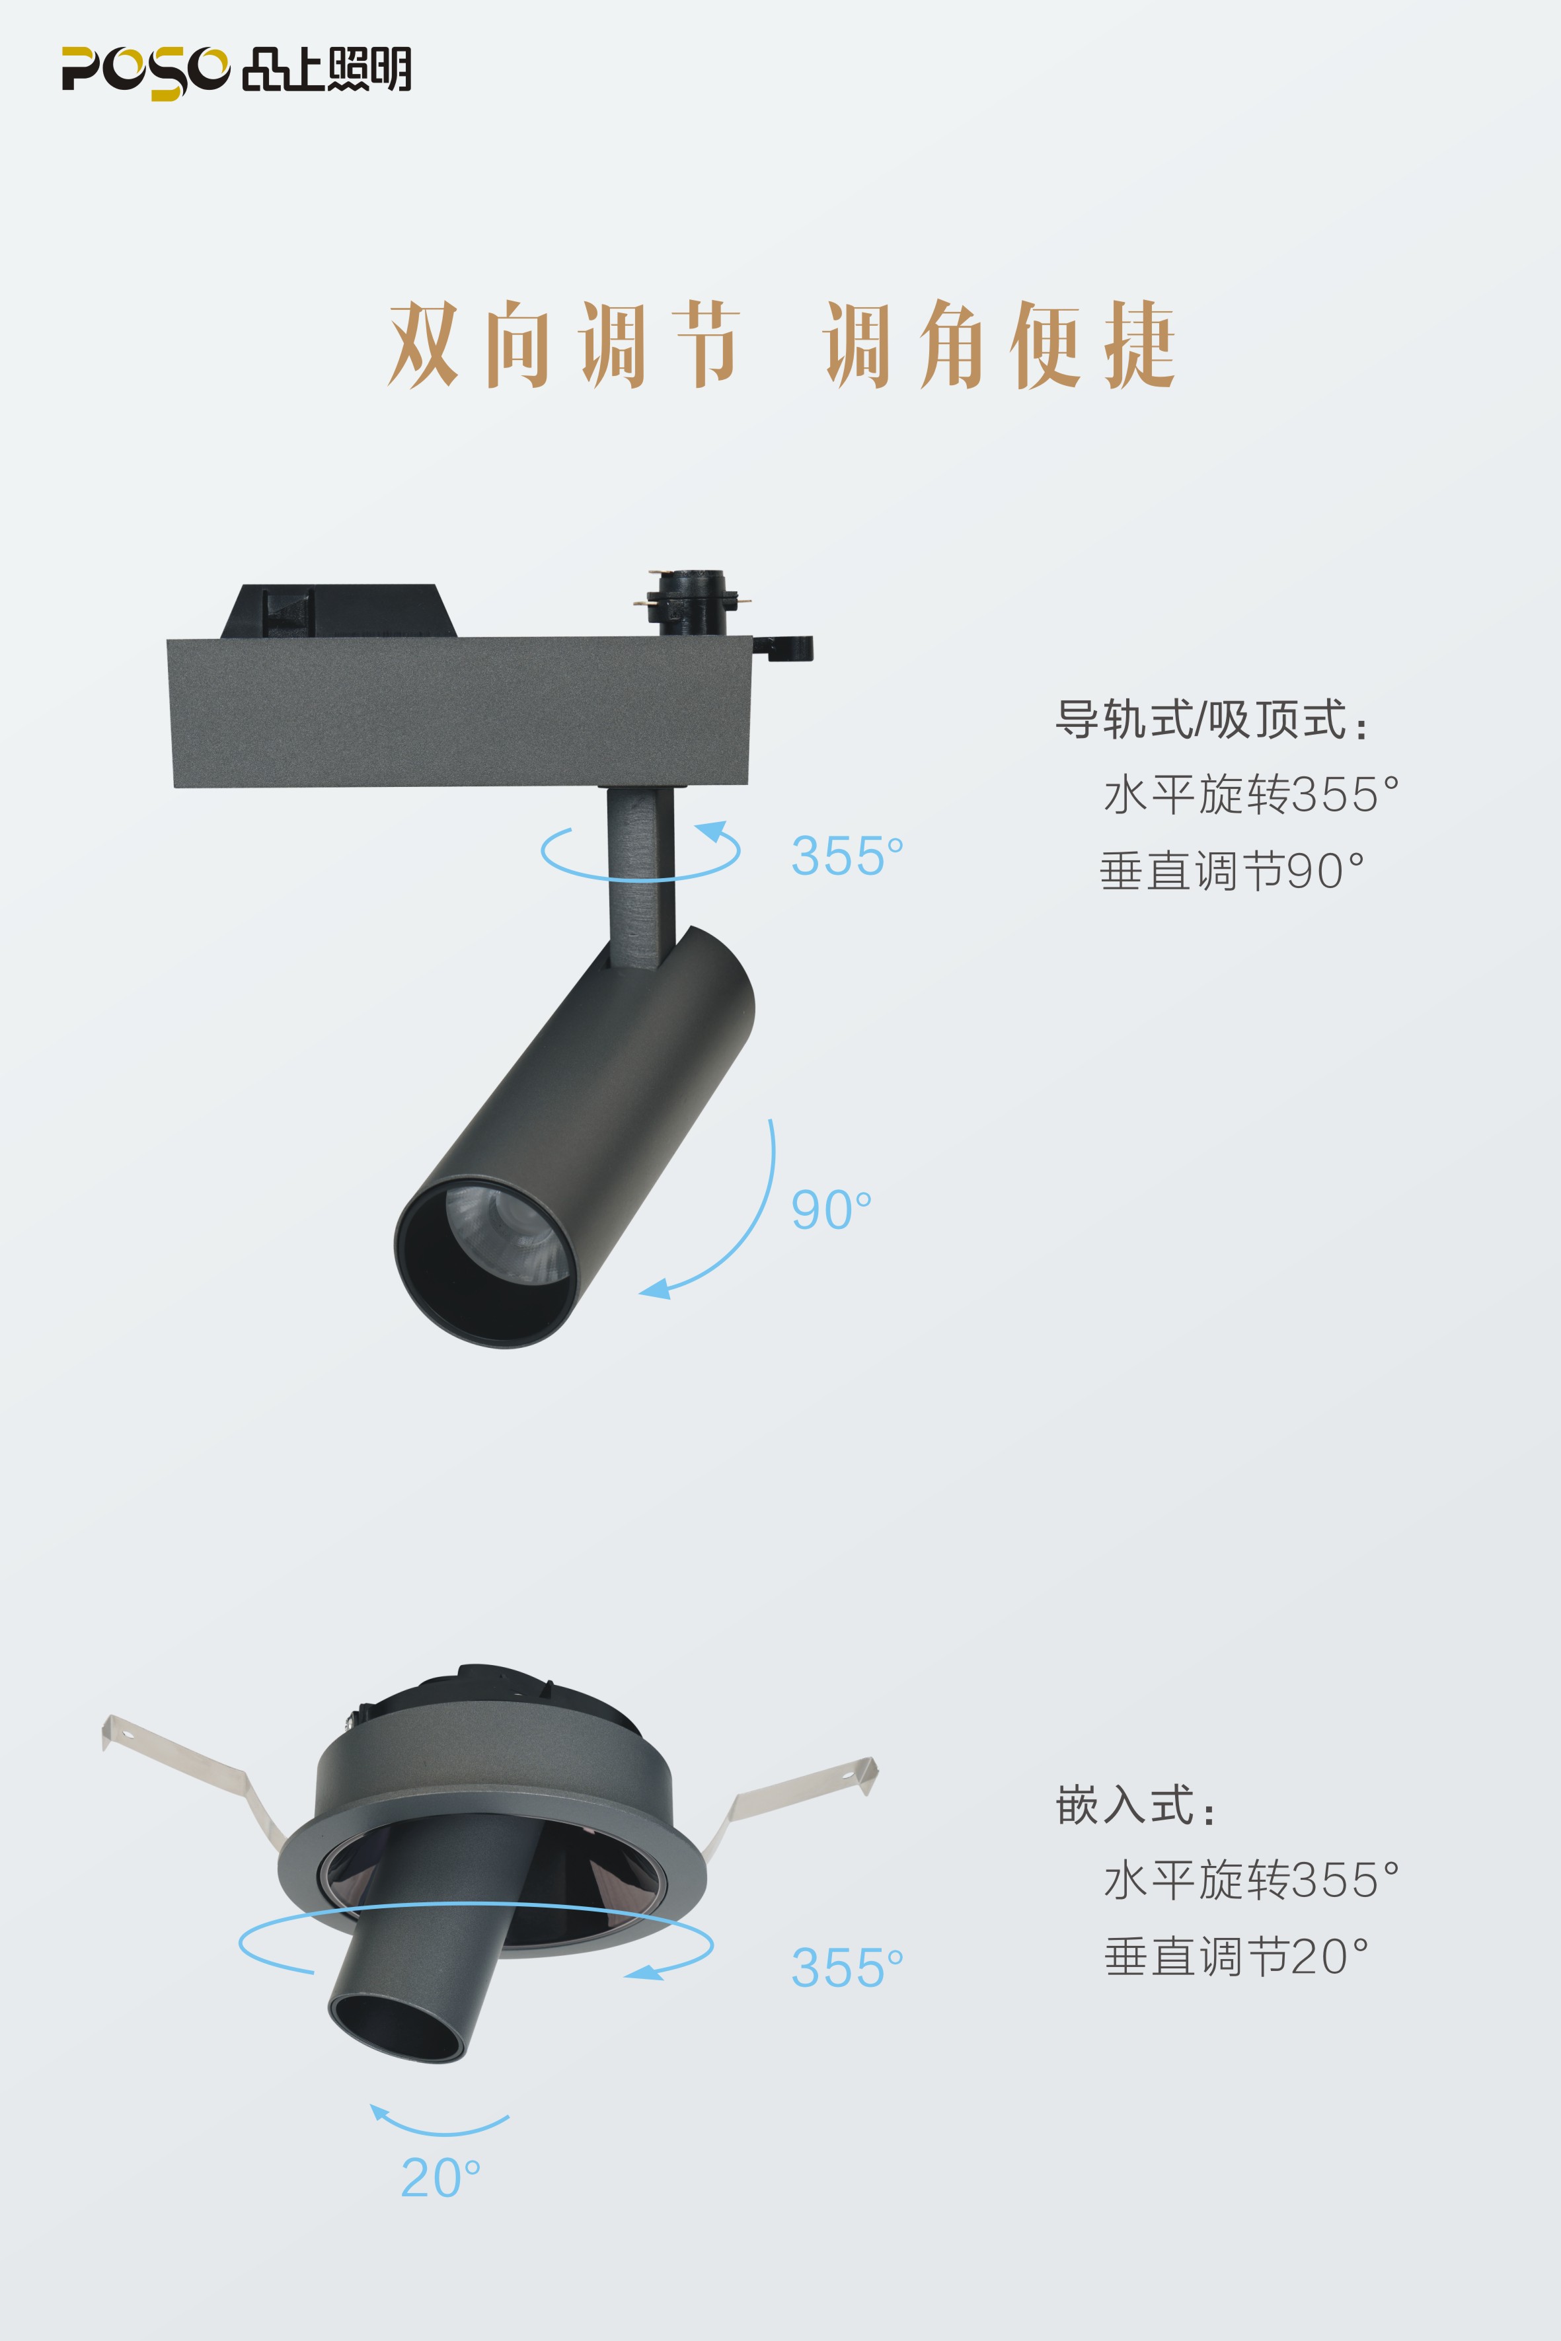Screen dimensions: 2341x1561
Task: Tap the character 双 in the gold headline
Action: [423, 344]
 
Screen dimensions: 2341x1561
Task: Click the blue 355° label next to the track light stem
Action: [846, 856]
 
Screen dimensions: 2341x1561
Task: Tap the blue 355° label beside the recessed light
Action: [846, 1968]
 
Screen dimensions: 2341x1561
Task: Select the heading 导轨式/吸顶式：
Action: [1211, 720]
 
